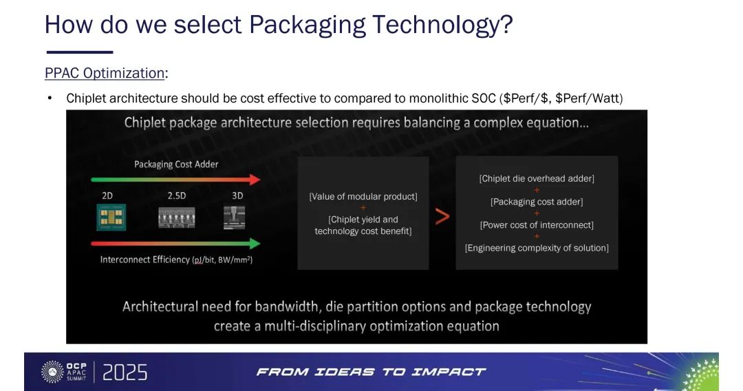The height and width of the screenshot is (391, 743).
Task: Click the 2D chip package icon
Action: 111,217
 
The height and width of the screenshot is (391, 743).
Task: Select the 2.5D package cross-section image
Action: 176,218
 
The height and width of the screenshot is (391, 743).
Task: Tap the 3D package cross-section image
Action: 234,218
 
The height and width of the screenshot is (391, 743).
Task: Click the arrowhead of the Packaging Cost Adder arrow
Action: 255,180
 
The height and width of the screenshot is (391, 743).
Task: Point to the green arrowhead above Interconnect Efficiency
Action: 255,244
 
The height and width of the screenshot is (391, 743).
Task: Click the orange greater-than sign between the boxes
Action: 442,217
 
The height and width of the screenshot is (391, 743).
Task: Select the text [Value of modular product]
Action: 363,196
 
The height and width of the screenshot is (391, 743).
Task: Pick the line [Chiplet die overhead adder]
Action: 537,179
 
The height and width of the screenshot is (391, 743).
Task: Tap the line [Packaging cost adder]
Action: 537,202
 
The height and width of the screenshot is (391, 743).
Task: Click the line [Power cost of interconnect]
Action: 537,225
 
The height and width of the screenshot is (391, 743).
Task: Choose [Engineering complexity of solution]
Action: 537,248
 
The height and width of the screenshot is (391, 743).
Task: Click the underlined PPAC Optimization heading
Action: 105,74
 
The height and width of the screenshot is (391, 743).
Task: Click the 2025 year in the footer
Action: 125,372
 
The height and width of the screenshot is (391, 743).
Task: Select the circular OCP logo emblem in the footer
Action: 52,372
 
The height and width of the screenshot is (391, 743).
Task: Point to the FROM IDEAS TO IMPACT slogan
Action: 371,372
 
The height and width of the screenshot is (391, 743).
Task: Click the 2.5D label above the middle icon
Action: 177,195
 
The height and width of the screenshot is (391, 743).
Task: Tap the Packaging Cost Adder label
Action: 176,165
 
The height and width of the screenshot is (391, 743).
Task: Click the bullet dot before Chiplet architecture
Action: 50,98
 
